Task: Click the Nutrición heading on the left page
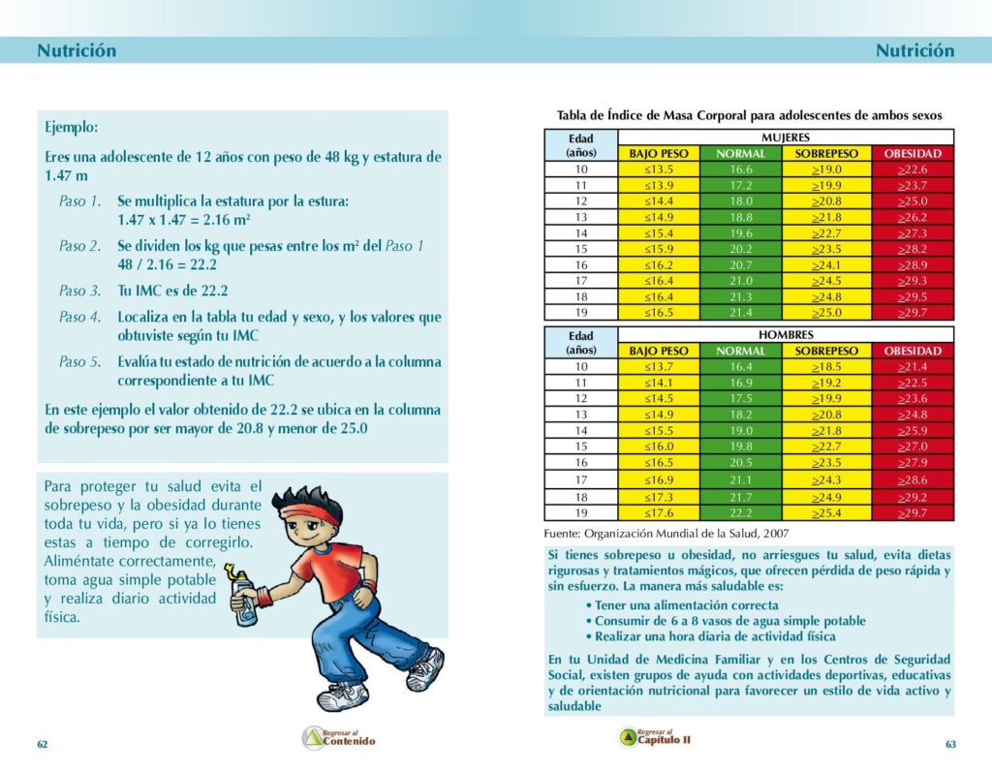click(77, 51)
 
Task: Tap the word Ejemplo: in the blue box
click(71, 127)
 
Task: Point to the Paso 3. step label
click(79, 290)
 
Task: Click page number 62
click(42, 744)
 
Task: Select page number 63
click(950, 744)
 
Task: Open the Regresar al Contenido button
click(338, 738)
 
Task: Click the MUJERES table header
click(786, 138)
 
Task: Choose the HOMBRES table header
click(786, 334)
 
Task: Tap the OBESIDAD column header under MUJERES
click(913, 153)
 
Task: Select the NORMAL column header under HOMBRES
click(740, 351)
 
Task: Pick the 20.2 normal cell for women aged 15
click(740, 249)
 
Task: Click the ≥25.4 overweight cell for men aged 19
click(826, 513)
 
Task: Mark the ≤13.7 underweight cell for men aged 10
click(659, 367)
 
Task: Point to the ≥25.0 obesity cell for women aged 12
click(913, 201)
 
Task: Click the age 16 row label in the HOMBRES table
click(581, 463)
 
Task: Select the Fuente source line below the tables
click(666, 533)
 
